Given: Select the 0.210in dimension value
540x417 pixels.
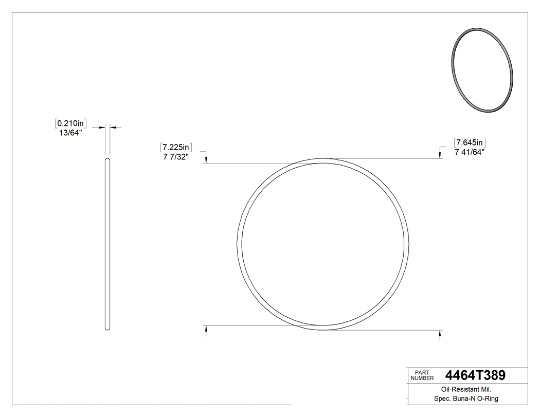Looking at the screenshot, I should pyautogui.click(x=70, y=123).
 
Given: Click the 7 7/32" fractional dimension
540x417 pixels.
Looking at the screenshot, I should pyautogui.click(x=176, y=157).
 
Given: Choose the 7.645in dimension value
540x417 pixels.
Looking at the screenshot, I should pyautogui.click(x=470, y=142).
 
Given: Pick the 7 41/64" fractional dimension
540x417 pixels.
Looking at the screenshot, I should pyautogui.click(x=470, y=152).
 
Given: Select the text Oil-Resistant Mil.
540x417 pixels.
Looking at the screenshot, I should pyautogui.click(x=466, y=390).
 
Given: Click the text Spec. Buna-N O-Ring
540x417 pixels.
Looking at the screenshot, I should pyautogui.click(x=466, y=399).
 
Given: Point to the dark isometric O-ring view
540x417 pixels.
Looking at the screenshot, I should pyautogui.click(x=482, y=70).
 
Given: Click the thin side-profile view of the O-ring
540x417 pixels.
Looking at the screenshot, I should pyautogui.click(x=107, y=244).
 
